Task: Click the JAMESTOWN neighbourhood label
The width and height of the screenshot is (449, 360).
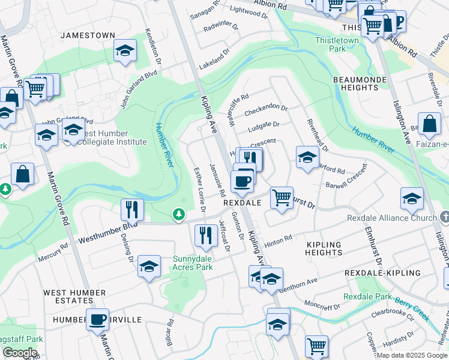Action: pos(88,35)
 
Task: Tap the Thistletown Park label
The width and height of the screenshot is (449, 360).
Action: pos(337,44)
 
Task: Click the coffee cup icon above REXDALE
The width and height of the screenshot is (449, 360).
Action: pos(242,182)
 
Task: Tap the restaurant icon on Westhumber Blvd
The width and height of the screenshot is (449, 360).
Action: pos(132,211)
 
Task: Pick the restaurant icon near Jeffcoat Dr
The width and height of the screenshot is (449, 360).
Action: pos(206,236)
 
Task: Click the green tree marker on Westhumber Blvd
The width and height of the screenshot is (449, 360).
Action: pos(178,214)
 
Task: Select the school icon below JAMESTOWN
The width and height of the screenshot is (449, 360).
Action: pos(124,52)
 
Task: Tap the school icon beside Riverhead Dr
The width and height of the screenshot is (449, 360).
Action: pos(307,158)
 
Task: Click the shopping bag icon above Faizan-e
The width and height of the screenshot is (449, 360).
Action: pos(429,125)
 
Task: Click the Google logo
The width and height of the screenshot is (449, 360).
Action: pos(20,353)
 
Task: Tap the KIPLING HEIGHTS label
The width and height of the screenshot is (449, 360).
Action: pos(324,248)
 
